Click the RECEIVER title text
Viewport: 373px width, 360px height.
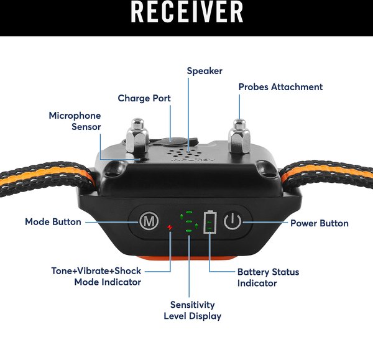(x=186, y=12)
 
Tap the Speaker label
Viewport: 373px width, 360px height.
(x=205, y=71)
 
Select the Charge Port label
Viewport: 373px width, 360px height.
(x=144, y=98)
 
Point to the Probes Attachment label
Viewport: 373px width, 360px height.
(x=280, y=87)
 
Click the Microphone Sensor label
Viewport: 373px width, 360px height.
(x=75, y=121)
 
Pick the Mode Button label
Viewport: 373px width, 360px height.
(x=53, y=222)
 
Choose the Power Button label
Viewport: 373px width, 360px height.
(x=320, y=223)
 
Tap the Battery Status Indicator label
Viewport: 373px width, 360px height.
(x=268, y=277)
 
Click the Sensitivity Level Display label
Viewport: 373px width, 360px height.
(x=193, y=310)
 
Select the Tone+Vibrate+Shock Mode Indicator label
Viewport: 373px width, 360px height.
(x=96, y=277)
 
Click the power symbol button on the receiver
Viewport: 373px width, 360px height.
(x=233, y=221)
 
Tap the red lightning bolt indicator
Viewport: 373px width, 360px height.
(x=170, y=228)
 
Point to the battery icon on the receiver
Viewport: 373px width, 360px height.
(x=210, y=222)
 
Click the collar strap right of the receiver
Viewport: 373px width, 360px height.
(x=326, y=175)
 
